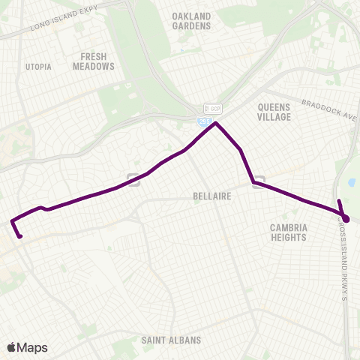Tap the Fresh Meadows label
pyautogui.click(x=94, y=61)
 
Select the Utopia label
pyautogui.click(x=38, y=67)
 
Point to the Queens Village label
pyautogui.click(x=278, y=112)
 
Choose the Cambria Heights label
pyautogui.click(x=288, y=232)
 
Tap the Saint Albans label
pyautogui.click(x=171, y=340)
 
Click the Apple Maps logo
pyautogui.click(x=27, y=346)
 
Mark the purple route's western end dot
pyautogui.click(x=20, y=237)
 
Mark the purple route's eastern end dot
pyautogui.click(x=346, y=218)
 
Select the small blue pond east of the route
pyautogui.click(x=351, y=182)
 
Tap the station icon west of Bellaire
pyautogui.click(x=133, y=178)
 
